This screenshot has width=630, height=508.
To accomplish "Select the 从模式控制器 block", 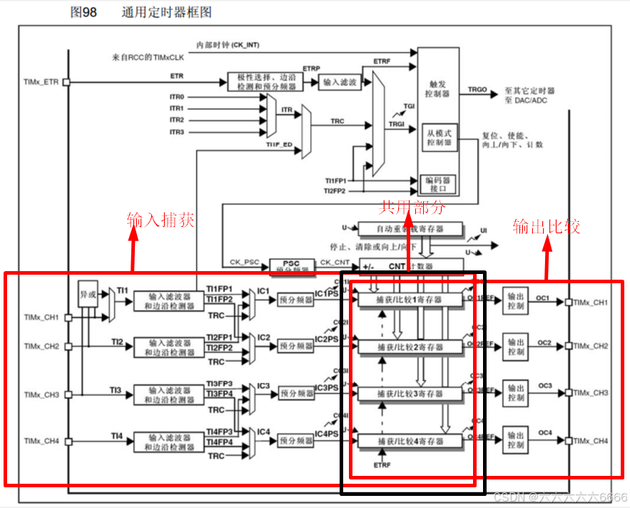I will (x=439, y=137).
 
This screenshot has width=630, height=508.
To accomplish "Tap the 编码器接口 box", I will (x=438, y=184).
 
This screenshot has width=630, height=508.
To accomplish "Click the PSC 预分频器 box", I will (x=292, y=266).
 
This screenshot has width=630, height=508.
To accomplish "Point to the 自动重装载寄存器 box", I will (x=410, y=229).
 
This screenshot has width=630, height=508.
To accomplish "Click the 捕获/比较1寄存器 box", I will (x=410, y=300).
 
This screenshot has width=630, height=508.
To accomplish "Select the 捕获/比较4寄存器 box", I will (x=410, y=442).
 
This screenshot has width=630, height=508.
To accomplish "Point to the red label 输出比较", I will (x=546, y=226).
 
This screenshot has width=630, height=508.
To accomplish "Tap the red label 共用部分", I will (x=412, y=208).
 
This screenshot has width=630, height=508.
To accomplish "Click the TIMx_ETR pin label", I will (x=41, y=82).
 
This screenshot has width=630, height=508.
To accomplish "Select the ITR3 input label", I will (x=176, y=132).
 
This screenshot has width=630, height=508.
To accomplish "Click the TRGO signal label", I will (x=477, y=90).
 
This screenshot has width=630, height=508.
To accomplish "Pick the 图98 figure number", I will (x=83, y=13).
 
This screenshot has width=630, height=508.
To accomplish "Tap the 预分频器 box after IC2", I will (x=296, y=346).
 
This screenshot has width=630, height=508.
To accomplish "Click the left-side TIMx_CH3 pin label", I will (x=41, y=395).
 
